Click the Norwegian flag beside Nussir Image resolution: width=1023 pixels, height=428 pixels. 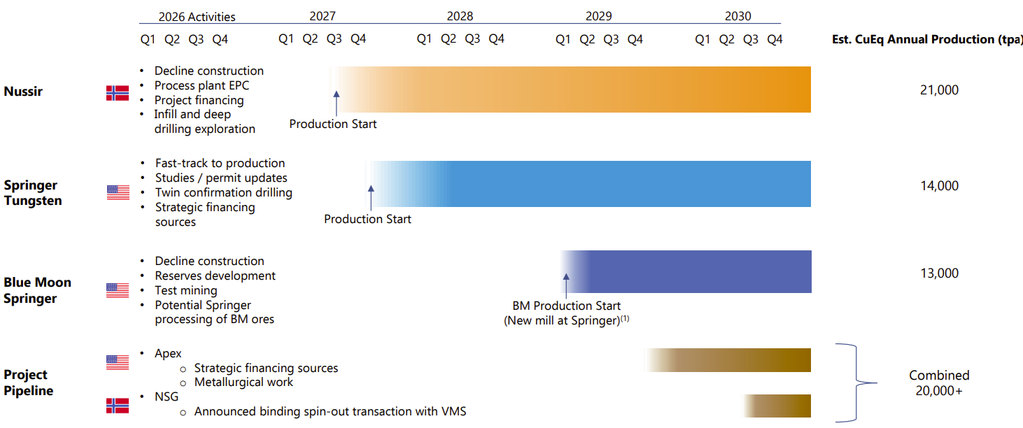118,93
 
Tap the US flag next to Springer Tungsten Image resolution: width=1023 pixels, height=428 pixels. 118,192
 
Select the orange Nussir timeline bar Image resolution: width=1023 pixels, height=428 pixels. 570,90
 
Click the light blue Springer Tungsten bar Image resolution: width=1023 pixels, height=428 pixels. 588,184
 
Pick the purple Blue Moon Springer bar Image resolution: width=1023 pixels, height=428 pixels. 686,271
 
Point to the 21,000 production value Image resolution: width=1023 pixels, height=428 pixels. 939,90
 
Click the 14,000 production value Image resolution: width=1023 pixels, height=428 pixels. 939,186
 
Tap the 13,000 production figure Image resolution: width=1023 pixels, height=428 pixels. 939,273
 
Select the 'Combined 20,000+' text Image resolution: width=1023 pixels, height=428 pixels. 939,383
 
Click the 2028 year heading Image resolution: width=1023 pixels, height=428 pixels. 460,16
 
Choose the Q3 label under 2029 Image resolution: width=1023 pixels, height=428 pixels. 611,39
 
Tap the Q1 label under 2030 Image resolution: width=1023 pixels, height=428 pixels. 703,39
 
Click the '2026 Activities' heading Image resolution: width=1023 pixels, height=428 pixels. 197,17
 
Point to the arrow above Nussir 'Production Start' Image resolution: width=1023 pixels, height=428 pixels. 336,103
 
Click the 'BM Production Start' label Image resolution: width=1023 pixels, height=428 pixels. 566,306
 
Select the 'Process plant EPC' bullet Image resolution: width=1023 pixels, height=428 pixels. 202,86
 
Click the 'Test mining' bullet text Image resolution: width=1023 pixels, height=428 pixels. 186,291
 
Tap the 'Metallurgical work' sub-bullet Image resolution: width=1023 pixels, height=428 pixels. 244,382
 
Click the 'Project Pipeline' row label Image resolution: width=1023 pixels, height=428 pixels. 28,383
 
